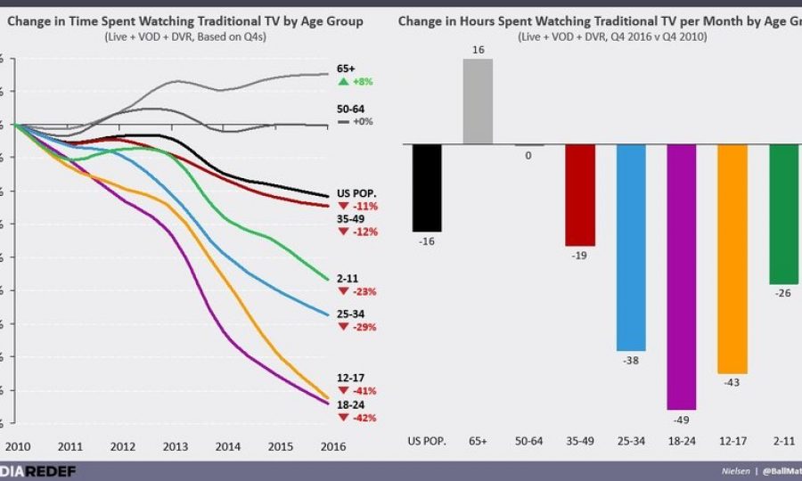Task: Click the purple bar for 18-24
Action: pos(681,276)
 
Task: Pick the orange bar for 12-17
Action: pos(732,258)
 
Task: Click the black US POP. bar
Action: pos(427,188)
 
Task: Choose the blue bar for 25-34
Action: pos(630,247)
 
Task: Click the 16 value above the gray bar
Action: pos(478,51)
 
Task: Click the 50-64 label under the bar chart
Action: pos(529,441)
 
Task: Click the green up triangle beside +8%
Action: pos(342,81)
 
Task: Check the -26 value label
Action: pos(783,293)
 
